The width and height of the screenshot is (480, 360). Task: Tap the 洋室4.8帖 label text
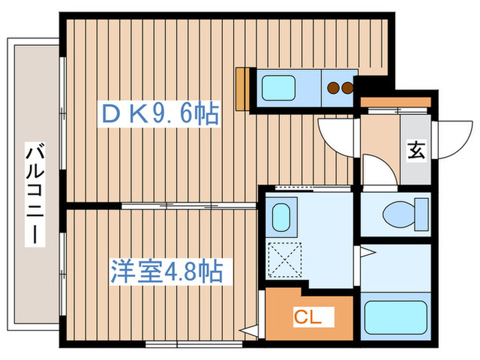tap(167, 272)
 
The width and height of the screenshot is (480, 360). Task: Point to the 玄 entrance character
tap(416, 150)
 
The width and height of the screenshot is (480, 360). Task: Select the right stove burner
tap(347, 87)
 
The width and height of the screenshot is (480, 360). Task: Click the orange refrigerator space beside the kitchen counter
tap(241, 88)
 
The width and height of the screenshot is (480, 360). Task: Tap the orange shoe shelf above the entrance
tap(396, 103)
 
